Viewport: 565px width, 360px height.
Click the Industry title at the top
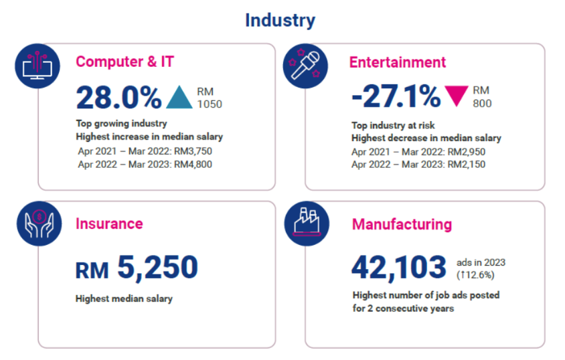point(280,20)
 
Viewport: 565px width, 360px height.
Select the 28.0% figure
point(118,98)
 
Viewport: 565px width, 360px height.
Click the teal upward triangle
point(179,98)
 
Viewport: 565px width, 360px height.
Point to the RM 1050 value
point(209,98)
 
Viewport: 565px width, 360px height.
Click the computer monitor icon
point(34,64)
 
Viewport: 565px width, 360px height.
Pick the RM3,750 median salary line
point(145,151)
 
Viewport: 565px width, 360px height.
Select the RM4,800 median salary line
point(145,165)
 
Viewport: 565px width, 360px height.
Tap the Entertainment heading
point(397,62)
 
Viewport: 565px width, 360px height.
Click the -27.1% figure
point(396,98)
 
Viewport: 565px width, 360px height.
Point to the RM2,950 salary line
point(418,152)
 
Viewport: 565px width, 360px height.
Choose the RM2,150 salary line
point(418,165)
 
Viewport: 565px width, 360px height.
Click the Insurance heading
point(109,223)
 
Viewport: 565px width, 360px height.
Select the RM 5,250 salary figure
point(137,268)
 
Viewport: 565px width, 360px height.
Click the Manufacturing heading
point(402,224)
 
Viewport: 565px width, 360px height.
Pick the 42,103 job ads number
point(398,267)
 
